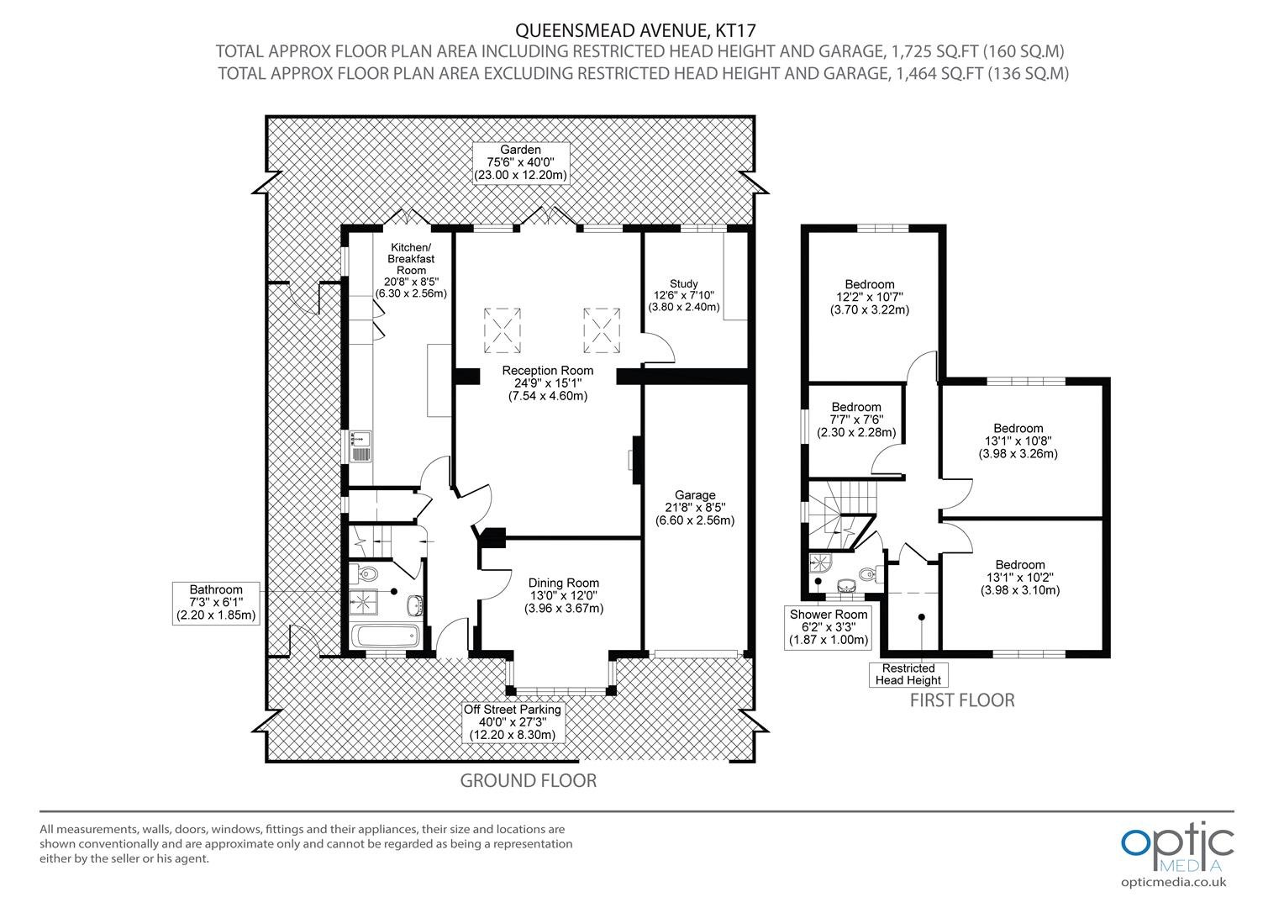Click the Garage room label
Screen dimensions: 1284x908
[x=695, y=508]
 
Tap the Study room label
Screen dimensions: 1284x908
[x=684, y=295]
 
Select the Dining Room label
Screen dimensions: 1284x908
[x=564, y=595]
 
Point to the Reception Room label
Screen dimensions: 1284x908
[x=547, y=383]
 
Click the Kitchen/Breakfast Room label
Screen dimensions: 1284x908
[x=411, y=270]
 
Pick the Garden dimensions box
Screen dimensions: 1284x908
[x=520, y=163]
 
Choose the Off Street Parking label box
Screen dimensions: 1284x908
[x=513, y=722]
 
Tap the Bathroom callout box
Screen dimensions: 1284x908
[x=216, y=603]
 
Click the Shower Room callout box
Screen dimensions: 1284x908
[x=829, y=627]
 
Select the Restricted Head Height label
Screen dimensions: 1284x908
[x=908, y=674]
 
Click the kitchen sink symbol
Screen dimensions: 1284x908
[x=360, y=446]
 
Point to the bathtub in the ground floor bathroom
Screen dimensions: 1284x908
[x=385, y=636]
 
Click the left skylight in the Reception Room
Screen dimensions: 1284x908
[x=503, y=330]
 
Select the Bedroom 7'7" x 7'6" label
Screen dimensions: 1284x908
[x=856, y=420]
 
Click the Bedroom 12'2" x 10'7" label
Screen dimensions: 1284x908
[x=870, y=297]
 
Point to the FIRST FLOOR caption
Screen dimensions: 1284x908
[x=962, y=700]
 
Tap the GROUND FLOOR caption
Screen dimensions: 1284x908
[x=529, y=781]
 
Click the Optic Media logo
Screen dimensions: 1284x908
[x=1176, y=854]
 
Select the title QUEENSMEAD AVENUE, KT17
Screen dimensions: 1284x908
[x=635, y=29]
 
